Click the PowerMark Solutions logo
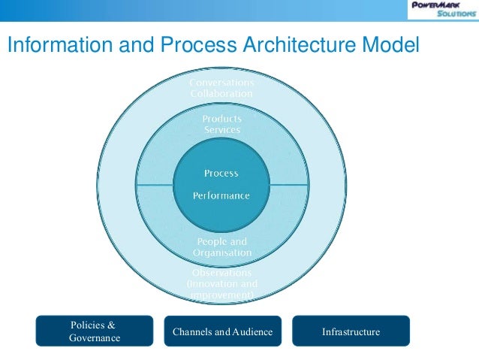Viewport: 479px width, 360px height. point(442,10)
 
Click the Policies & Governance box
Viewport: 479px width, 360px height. point(95,331)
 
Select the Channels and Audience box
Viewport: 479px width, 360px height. point(222,331)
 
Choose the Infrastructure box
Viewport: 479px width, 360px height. point(351,331)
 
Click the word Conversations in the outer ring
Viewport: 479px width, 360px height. point(221,82)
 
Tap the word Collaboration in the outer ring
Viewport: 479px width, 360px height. point(221,94)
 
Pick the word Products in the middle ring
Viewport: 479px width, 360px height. point(221,118)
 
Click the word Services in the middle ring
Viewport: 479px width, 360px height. point(221,130)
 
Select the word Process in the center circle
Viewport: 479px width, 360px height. point(221,173)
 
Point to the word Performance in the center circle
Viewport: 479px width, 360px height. point(221,195)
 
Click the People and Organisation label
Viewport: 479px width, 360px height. point(221,247)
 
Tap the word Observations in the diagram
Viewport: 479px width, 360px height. point(221,272)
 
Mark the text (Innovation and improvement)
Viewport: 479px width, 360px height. point(221,290)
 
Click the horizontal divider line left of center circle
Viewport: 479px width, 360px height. point(154,184)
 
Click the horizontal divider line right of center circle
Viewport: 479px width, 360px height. point(289,184)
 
